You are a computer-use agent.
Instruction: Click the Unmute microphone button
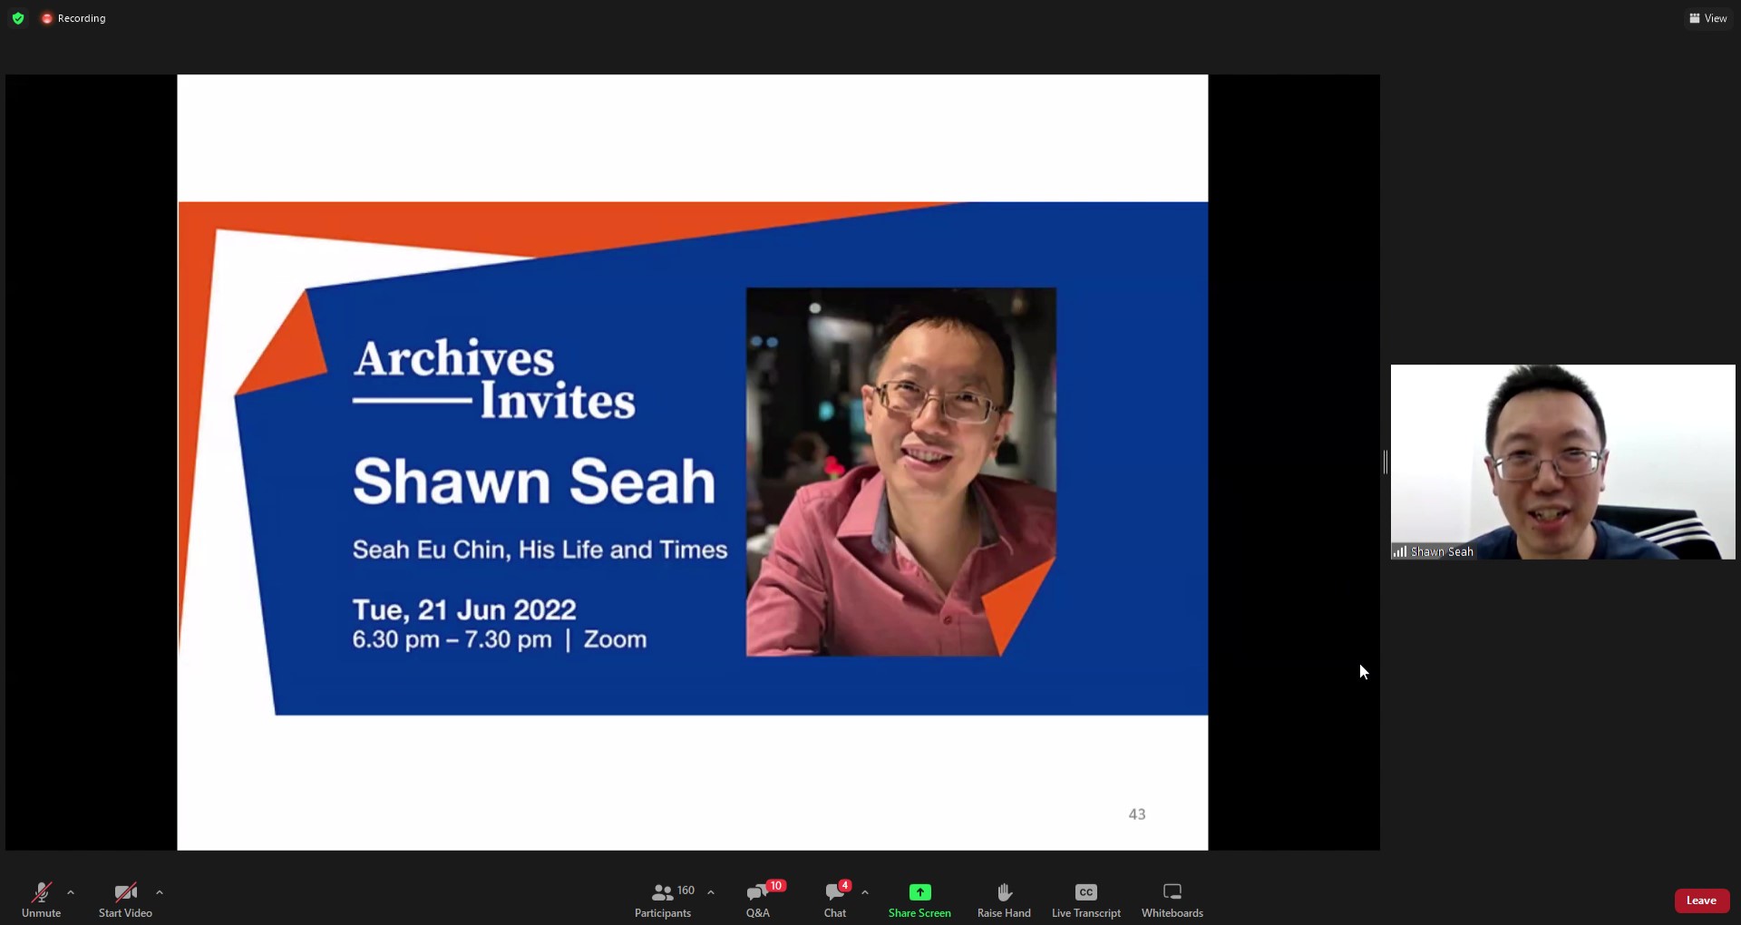point(41,899)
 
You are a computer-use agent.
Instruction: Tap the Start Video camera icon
point(125,899)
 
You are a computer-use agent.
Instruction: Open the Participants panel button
point(663,899)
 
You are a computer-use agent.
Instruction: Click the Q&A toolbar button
point(757,899)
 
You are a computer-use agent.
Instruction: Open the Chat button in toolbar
point(834,899)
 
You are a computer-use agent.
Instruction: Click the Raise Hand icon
point(1004,899)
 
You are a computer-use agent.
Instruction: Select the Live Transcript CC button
point(1085,899)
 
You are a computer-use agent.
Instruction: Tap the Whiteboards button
point(1172,899)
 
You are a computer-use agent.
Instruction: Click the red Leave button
point(1701,901)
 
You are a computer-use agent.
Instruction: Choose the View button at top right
point(1707,18)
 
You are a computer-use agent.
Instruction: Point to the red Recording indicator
point(73,18)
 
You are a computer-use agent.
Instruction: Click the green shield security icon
point(18,18)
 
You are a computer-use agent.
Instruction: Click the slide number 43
point(1137,814)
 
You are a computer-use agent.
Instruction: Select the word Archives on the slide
point(453,358)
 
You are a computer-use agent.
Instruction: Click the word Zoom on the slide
point(615,639)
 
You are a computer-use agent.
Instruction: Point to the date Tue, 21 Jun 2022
point(464,609)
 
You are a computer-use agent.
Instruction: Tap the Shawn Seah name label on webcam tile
point(1441,551)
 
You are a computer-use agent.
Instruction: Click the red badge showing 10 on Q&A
point(775,886)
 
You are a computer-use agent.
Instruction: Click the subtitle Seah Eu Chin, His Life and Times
point(540,550)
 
